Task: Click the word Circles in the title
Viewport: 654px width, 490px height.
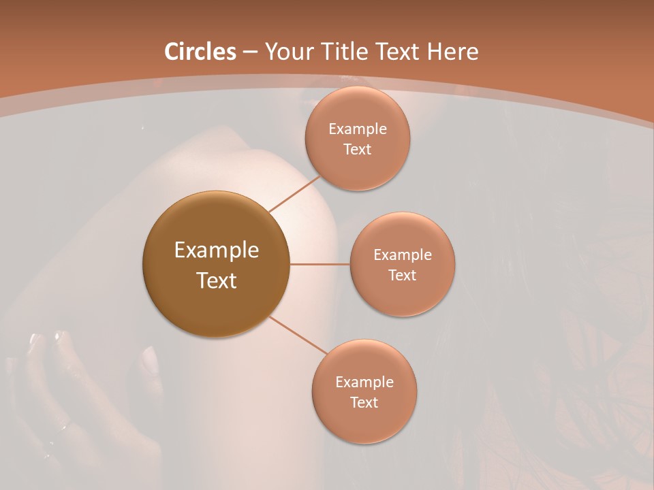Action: (200, 52)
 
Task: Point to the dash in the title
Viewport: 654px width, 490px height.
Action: (249, 52)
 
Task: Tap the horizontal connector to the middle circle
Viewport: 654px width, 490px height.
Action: (320, 263)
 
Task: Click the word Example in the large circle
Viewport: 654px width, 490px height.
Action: (217, 250)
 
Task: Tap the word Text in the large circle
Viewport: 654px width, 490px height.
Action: (217, 280)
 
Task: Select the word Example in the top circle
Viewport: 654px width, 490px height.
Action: (357, 129)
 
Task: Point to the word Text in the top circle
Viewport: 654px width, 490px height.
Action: (357, 150)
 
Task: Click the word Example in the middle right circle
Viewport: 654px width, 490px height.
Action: (402, 255)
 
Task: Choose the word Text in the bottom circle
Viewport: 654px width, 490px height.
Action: (364, 403)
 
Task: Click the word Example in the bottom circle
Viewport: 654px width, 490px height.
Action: (364, 382)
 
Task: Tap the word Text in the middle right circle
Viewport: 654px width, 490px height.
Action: (402, 276)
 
